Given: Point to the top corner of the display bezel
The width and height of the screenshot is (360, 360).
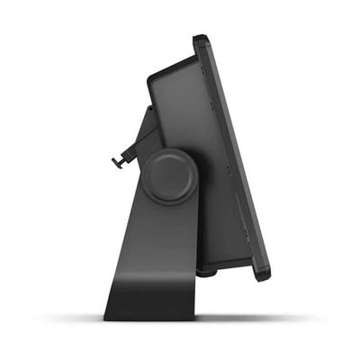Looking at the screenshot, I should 200,40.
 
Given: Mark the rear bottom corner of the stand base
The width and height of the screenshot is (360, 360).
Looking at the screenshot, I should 106,318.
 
